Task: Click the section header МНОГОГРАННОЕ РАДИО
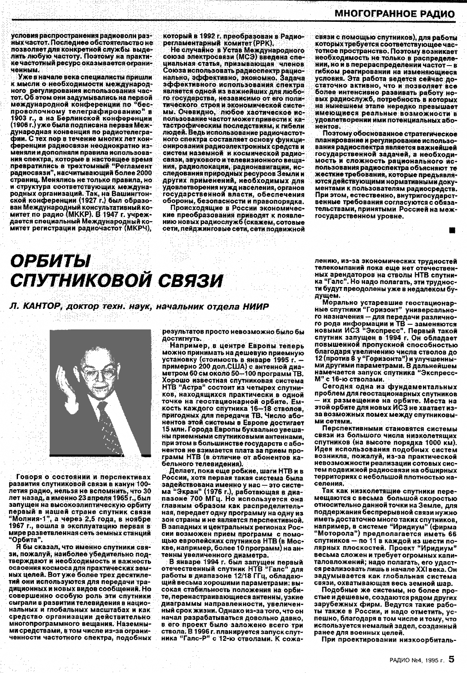(x=395, y=13)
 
